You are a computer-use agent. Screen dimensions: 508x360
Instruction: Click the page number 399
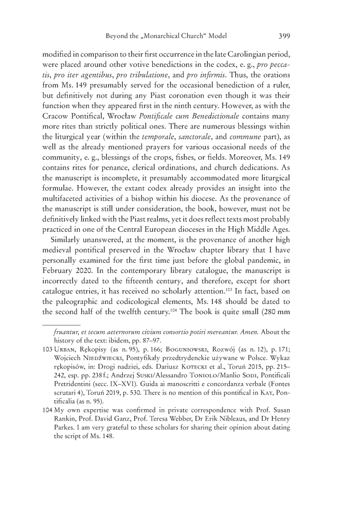tap(285, 36)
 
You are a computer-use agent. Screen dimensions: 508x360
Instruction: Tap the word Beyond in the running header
tap(117, 36)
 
